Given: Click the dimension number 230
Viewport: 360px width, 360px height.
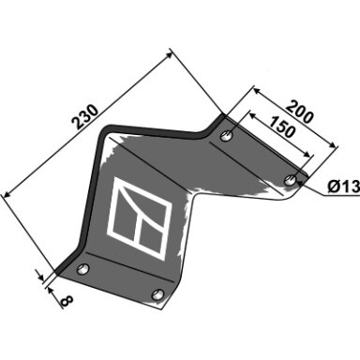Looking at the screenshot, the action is click(x=85, y=117).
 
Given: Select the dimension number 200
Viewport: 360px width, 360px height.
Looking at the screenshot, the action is click(x=299, y=112).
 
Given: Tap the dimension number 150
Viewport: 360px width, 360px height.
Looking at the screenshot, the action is click(x=282, y=127).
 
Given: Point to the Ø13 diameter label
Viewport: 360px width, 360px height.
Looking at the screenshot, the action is click(x=343, y=187).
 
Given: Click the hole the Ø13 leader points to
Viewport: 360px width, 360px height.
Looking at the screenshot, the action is click(x=291, y=180).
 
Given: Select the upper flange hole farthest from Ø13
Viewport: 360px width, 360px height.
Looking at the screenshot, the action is click(x=227, y=136).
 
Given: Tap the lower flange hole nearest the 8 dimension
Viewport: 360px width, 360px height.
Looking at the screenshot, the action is click(x=83, y=269).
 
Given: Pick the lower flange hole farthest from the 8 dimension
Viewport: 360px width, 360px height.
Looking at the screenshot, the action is click(x=157, y=294).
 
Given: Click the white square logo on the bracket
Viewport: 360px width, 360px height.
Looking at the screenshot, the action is click(x=140, y=218).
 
